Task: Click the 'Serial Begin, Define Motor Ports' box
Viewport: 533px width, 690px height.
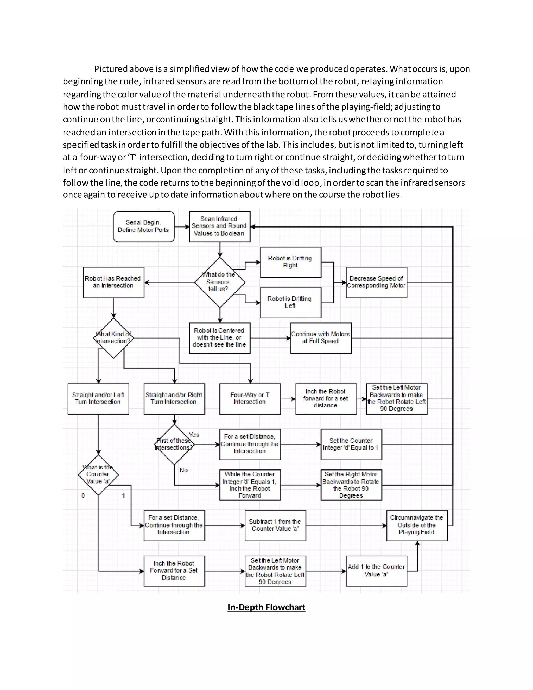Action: tap(144, 227)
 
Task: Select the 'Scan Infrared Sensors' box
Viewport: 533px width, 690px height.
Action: tap(219, 227)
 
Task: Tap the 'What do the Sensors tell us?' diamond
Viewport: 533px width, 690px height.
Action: tap(219, 282)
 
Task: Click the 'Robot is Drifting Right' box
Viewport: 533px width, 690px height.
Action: tap(290, 262)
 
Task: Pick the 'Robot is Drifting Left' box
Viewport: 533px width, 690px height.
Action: tap(290, 302)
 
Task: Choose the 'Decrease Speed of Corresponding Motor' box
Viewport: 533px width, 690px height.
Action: tap(376, 282)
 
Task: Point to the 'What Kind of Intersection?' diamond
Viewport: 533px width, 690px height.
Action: tap(113, 338)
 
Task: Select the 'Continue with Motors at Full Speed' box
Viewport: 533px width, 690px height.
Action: tap(320, 338)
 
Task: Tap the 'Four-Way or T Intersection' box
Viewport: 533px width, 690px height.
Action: tap(250, 398)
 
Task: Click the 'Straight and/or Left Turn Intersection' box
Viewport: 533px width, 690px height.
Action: tap(98, 398)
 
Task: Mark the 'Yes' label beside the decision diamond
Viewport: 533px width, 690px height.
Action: tap(194, 435)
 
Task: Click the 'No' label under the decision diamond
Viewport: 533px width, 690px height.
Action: tap(183, 470)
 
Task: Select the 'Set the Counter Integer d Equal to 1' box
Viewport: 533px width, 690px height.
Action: tap(351, 444)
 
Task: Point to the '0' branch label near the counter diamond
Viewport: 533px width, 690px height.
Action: tap(83, 495)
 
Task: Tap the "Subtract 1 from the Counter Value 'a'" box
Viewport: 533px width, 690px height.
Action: tap(275, 525)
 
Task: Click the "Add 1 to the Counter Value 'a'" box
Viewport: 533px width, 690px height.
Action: tap(376, 570)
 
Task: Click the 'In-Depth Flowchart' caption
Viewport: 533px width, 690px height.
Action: tap(266, 607)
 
